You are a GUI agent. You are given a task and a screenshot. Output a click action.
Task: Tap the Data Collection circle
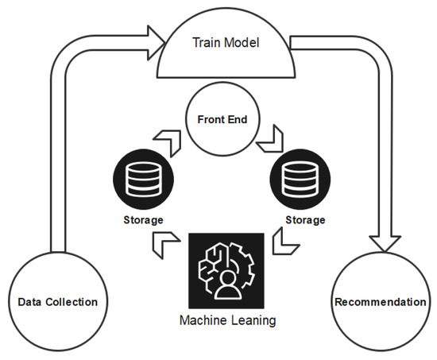click(x=57, y=301)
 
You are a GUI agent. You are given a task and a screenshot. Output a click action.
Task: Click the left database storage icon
click(x=145, y=179)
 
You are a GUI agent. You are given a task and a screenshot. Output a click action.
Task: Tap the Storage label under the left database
click(x=144, y=219)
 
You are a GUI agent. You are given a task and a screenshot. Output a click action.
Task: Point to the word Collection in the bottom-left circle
click(x=76, y=301)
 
